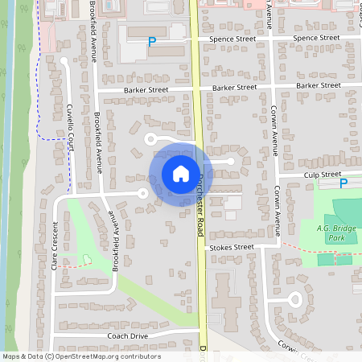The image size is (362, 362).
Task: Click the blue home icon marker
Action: [181, 173]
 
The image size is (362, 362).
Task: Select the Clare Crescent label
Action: [55, 245]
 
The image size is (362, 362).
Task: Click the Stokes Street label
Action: [232, 249]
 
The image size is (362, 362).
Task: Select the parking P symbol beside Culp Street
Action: [343, 183]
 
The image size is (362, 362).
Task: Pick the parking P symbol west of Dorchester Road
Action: [151, 42]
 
